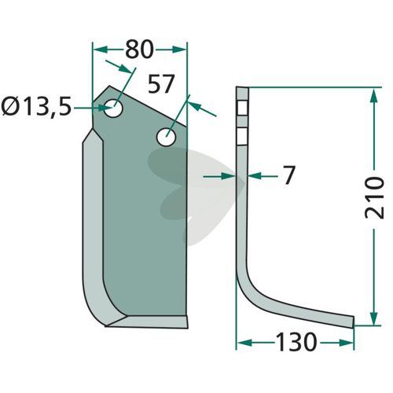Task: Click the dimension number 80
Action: click(x=139, y=50)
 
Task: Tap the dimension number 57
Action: click(x=161, y=84)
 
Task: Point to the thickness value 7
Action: click(x=289, y=174)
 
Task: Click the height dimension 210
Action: click(x=374, y=198)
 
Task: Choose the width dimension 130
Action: click(x=296, y=342)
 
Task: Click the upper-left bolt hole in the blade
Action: click(x=113, y=108)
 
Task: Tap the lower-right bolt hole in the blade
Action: click(x=166, y=137)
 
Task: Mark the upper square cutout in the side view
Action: click(x=243, y=108)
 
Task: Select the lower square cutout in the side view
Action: click(x=243, y=136)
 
